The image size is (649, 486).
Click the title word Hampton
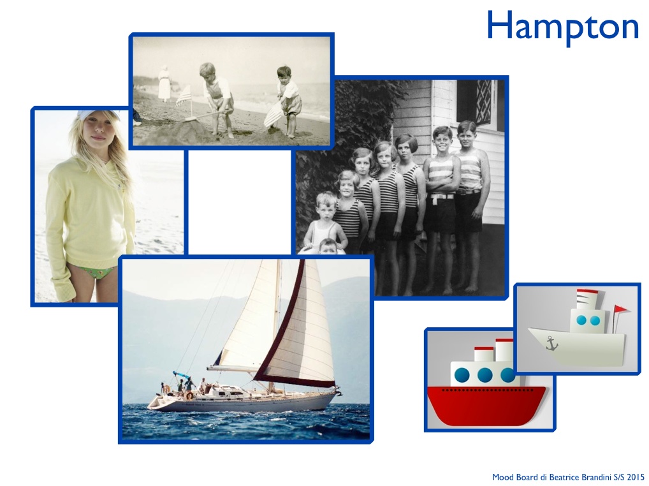click(x=562, y=27)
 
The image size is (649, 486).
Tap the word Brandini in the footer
click(x=598, y=477)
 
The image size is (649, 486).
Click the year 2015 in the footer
click(x=636, y=477)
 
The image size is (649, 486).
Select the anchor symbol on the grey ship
click(x=551, y=343)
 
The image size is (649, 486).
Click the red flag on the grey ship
click(x=622, y=309)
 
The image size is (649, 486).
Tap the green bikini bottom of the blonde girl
click(x=99, y=272)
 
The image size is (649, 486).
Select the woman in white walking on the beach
click(x=164, y=83)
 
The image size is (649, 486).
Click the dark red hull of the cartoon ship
click(x=486, y=405)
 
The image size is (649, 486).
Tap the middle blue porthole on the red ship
click(x=485, y=375)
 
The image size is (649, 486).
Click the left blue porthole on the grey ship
click(x=581, y=320)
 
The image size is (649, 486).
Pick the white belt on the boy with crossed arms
click(x=442, y=196)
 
